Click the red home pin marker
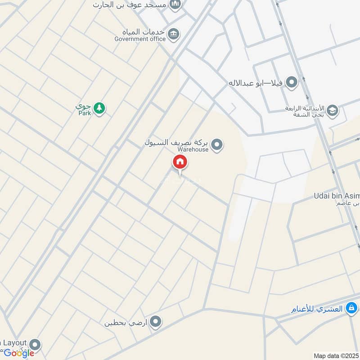click(x=180, y=162)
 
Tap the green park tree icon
click(x=99, y=108)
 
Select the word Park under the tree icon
click(x=85, y=113)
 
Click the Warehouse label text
click(x=193, y=149)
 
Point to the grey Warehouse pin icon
click(x=217, y=144)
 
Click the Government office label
click(x=140, y=39)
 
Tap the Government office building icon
click(x=174, y=34)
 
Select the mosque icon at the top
click(x=175, y=5)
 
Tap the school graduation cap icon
click(x=332, y=111)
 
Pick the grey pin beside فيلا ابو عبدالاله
click(x=292, y=83)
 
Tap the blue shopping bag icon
click(x=352, y=309)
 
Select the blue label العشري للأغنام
click(x=316, y=309)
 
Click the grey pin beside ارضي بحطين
click(x=156, y=322)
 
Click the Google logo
click(x=19, y=353)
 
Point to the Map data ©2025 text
click(x=335, y=356)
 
